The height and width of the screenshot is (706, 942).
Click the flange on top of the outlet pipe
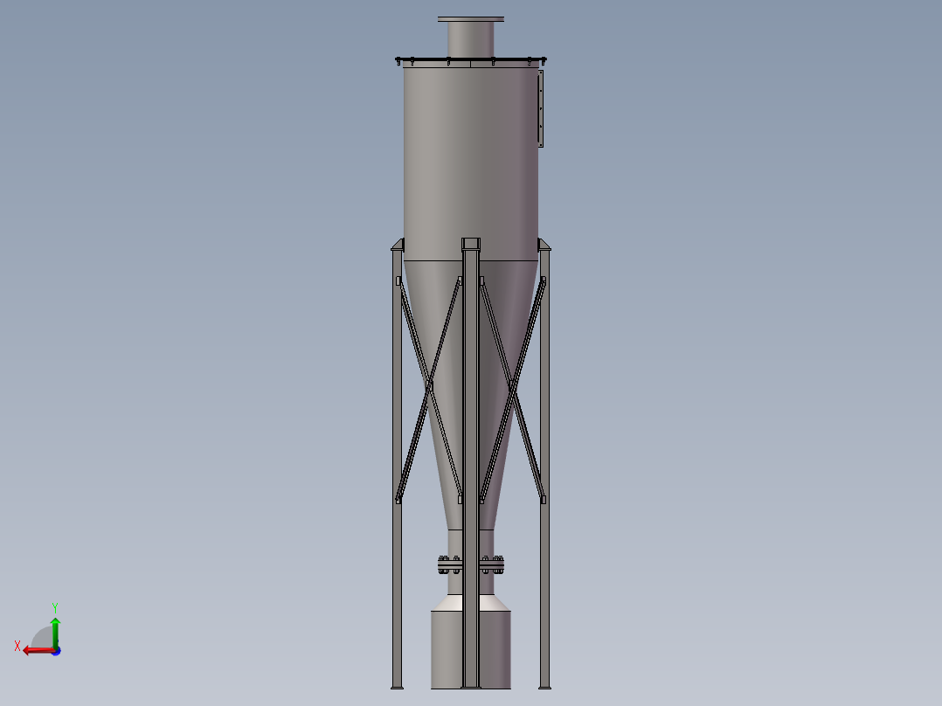(471, 18)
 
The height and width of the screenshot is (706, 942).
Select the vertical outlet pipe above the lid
(471, 39)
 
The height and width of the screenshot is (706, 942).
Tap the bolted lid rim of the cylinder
(471, 60)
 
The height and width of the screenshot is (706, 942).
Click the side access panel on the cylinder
(540, 109)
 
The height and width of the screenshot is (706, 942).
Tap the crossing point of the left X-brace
(429, 384)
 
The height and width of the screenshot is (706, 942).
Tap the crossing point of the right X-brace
(512, 384)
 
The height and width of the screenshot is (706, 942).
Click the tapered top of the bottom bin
(450, 604)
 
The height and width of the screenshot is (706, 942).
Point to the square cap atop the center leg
(471, 243)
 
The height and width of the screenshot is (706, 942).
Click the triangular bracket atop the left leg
(398, 245)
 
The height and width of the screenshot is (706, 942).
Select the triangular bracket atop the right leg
(544, 245)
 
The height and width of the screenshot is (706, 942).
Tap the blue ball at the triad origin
(56, 651)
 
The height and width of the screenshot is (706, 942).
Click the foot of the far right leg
(544, 684)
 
